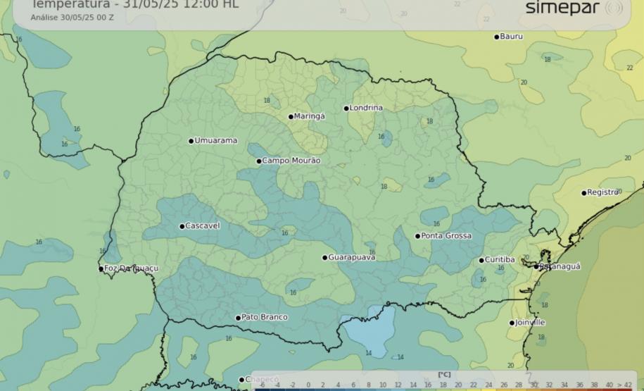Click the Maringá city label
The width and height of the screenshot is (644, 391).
310,116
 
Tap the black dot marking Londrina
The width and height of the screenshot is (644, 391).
346,108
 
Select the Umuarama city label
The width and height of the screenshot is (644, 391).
215,141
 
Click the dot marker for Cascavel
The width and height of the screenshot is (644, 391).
182,227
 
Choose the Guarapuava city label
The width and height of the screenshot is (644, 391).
352,258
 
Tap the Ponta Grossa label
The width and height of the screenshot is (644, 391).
446,236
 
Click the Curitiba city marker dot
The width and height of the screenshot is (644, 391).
481,261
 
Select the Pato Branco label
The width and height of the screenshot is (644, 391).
264,318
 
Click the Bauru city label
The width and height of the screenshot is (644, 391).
512,37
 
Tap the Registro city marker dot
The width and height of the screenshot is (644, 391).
583,193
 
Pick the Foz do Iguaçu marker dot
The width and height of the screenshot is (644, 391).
101,268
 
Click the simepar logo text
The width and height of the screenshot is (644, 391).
562,8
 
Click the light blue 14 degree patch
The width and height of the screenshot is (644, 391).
365,335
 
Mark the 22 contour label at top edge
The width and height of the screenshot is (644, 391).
457,4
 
